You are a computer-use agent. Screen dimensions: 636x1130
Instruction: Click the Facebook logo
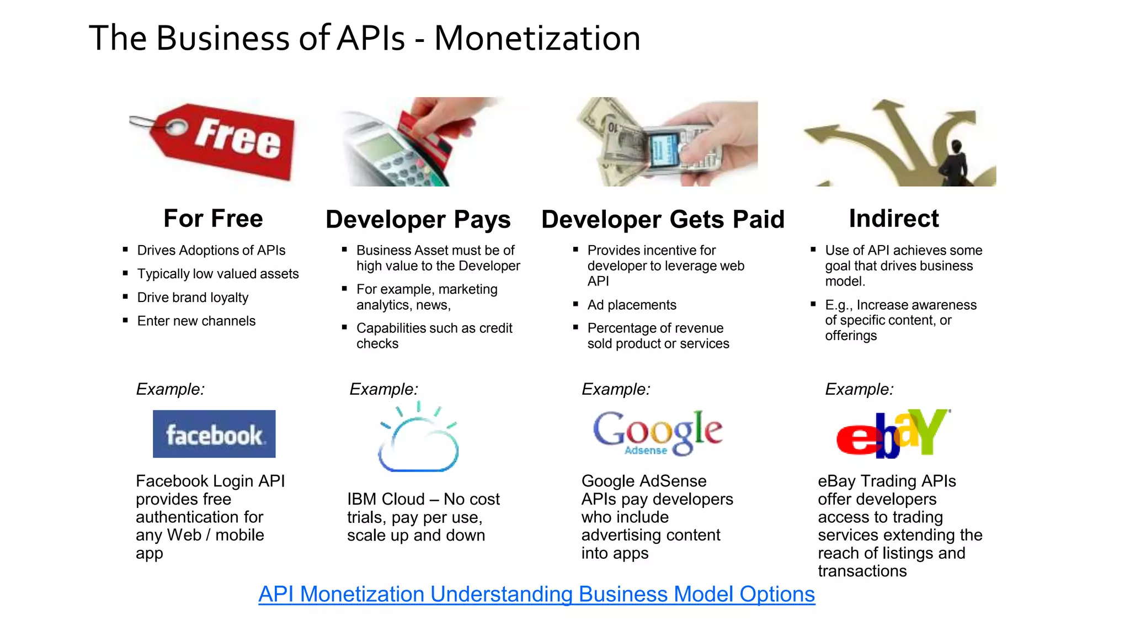point(214,434)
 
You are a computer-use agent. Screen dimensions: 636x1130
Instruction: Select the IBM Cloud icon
point(419,439)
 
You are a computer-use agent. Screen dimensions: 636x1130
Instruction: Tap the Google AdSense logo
point(657,433)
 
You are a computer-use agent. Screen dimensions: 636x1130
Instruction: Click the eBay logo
point(892,434)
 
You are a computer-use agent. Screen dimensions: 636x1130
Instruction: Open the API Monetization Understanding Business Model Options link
point(536,594)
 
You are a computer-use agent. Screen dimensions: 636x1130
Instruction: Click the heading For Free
point(213,219)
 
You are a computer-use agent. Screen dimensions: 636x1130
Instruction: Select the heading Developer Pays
point(418,220)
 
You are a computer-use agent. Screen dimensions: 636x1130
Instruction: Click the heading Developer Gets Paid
point(663,220)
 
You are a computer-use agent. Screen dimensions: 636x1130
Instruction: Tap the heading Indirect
point(893,219)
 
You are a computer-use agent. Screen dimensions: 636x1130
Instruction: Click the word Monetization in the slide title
point(537,39)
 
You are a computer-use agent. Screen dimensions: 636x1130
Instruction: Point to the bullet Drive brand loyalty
point(193,298)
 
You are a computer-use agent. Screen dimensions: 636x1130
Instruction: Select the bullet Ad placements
point(631,305)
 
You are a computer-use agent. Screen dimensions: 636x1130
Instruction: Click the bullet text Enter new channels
point(196,321)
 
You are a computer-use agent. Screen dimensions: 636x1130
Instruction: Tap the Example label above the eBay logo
point(859,389)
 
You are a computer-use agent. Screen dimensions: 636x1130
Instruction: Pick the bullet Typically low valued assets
point(217,274)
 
